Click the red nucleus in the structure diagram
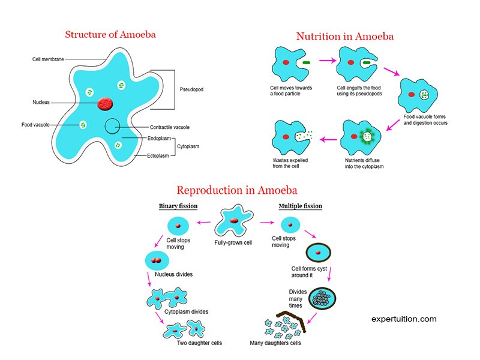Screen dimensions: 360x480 pos(106,103)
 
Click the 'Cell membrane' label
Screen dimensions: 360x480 pos(48,59)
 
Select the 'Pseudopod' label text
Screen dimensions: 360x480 pos(191,89)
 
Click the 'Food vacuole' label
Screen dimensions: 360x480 pos(34,125)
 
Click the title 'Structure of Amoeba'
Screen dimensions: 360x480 pos(110,34)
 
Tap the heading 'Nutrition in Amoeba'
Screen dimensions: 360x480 pos(345,37)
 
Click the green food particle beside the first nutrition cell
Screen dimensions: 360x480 pos(307,62)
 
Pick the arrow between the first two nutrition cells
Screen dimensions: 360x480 pos(327,61)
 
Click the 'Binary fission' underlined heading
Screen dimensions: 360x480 pos(178,206)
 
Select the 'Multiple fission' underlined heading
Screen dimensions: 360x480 pos(300,206)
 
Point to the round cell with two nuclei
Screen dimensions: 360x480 pos(157,261)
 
